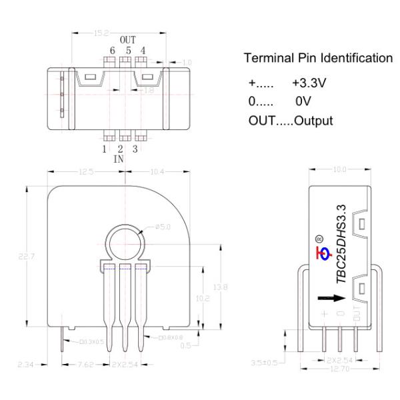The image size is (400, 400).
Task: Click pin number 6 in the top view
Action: click(x=112, y=51)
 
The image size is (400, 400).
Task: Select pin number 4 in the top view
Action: click(x=142, y=51)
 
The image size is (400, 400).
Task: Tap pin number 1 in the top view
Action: click(x=105, y=149)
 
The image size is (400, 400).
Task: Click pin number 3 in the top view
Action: click(x=135, y=149)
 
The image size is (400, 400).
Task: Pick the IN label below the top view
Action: click(x=119, y=160)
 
